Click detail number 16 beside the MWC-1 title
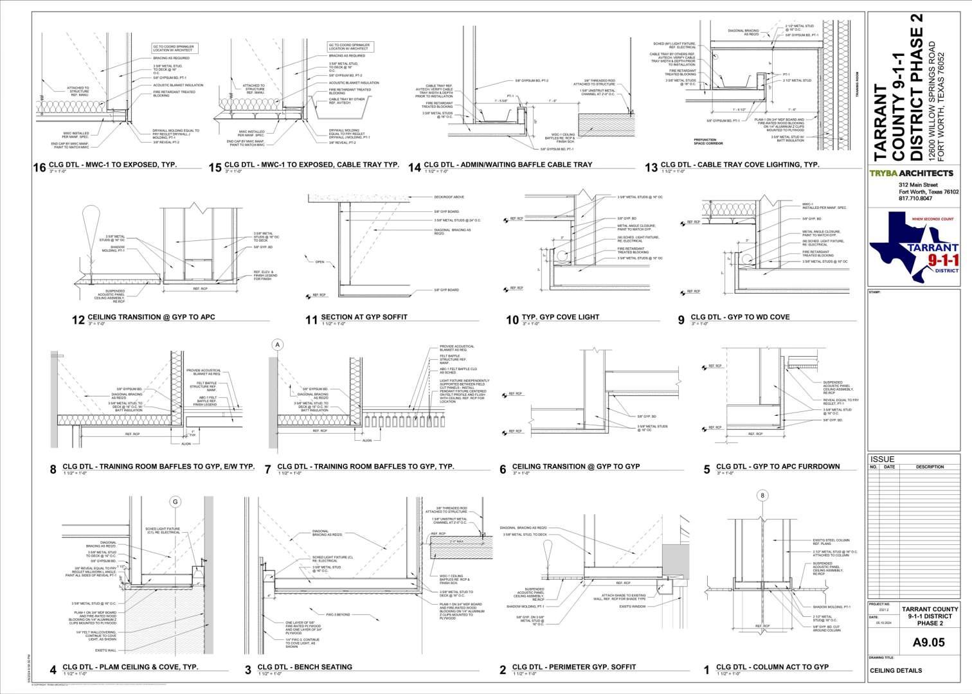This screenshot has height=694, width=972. (40, 168)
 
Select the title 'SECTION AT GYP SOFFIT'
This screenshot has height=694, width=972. (364, 317)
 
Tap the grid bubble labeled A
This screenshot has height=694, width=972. (278, 345)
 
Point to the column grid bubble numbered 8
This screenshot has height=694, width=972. (762, 495)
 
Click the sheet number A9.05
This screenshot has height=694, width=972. (929, 642)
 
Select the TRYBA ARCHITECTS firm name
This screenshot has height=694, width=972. (911, 173)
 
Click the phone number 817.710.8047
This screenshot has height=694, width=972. (920, 199)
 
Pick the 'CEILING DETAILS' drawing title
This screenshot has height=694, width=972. (896, 670)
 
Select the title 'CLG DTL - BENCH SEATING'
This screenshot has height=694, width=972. (305, 667)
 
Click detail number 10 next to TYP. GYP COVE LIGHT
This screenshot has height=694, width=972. (512, 320)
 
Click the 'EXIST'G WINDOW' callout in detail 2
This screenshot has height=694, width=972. (633, 606)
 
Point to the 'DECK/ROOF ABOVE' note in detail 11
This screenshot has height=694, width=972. (449, 197)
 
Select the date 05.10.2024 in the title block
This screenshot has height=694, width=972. (876, 623)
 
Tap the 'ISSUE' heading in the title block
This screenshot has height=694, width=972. (881, 459)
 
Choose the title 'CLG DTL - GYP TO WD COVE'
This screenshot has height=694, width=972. (740, 317)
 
